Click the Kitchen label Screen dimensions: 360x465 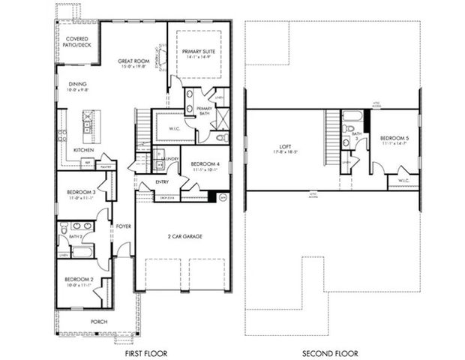pos(83,151)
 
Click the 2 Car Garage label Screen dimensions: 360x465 pos(184,236)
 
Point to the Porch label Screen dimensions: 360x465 pos(99,322)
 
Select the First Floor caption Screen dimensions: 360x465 pos(148,352)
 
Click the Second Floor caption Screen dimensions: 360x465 pos(330,352)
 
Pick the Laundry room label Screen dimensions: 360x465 pos(169,158)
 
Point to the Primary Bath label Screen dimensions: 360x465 pos(204,110)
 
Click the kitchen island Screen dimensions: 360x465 pos(88,124)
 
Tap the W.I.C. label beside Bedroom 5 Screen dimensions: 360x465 pos(403,180)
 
